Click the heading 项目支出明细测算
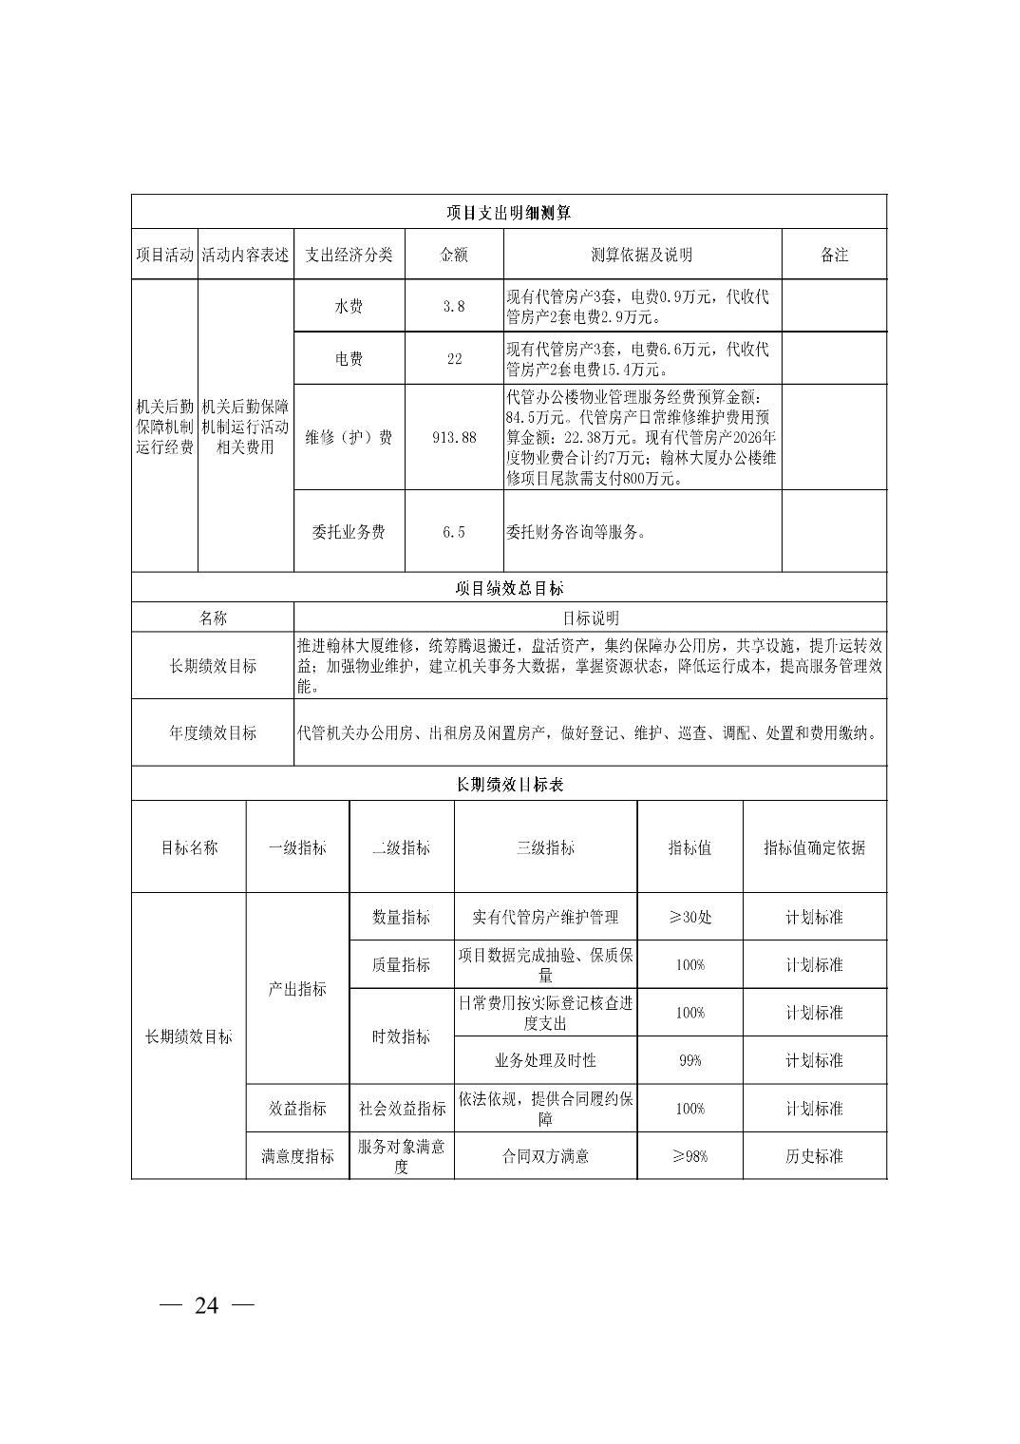pyautogui.click(x=508, y=213)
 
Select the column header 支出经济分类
pyautogui.click(x=349, y=255)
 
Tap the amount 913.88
pyautogui.click(x=454, y=438)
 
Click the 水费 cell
pyautogui.click(x=349, y=307)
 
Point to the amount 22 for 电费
pyautogui.click(x=454, y=359)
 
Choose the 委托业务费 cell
pyautogui.click(x=349, y=532)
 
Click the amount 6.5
pyautogui.click(x=454, y=532)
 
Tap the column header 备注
pyautogui.click(x=833, y=255)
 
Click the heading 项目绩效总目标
pyautogui.click(x=508, y=589)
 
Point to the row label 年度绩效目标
pyautogui.click(x=213, y=733)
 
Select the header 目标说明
pyautogui.click(x=590, y=618)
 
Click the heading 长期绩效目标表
pyautogui.click(x=508, y=785)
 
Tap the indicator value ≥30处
pyautogui.click(x=689, y=918)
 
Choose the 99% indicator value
pyautogui.click(x=689, y=1060)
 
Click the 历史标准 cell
pyautogui.click(x=814, y=1156)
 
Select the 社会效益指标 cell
pyautogui.click(x=402, y=1109)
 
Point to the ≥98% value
pyautogui.click(x=689, y=1156)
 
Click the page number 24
pyautogui.click(x=206, y=1306)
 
